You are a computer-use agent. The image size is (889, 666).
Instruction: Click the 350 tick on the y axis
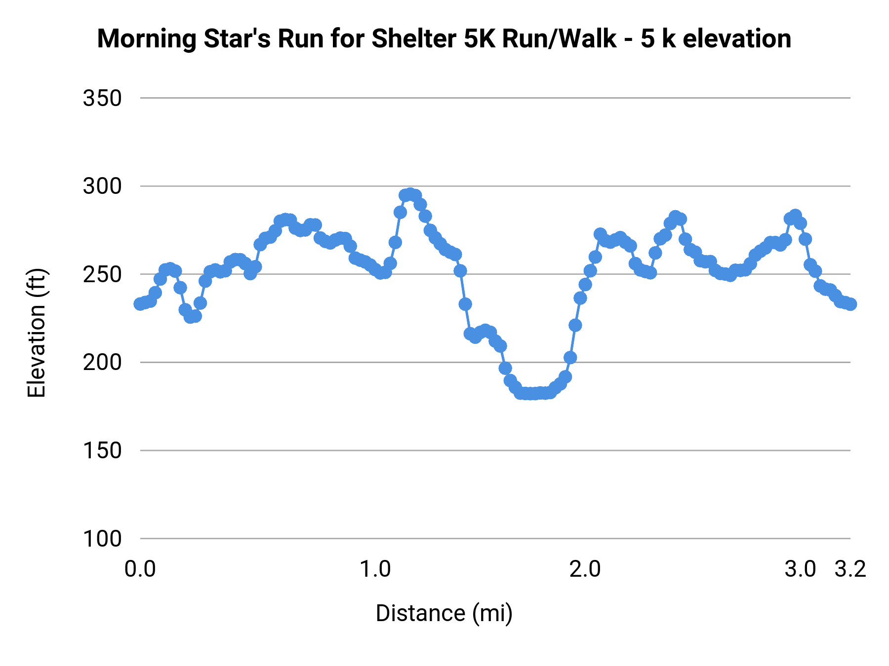tap(102, 99)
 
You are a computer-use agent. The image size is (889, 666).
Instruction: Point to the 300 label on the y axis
tap(102, 187)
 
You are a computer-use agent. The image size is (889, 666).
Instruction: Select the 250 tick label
tap(102, 275)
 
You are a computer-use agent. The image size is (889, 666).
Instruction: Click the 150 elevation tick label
tap(102, 451)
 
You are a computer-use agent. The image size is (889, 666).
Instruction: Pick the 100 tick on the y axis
tap(102, 539)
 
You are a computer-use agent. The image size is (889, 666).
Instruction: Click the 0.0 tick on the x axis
tap(140, 569)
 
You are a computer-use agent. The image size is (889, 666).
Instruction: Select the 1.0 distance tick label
tap(375, 569)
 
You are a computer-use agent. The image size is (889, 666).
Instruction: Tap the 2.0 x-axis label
tap(585, 569)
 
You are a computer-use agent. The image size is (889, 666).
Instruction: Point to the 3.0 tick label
tap(800, 569)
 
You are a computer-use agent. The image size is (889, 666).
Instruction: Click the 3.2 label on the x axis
tap(850, 569)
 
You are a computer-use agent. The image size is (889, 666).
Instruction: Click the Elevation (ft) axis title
tap(37, 333)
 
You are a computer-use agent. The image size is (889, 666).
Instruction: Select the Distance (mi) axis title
tap(444, 613)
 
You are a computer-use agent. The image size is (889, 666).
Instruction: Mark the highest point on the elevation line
tap(410, 194)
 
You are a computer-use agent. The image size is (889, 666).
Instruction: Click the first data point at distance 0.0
tap(140, 304)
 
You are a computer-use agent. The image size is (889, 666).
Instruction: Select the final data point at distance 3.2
tap(850, 304)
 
